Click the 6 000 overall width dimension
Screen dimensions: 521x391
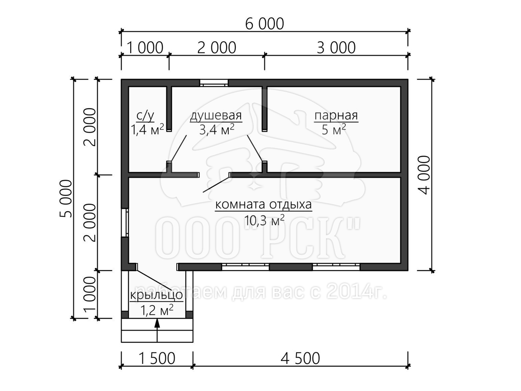(x=264, y=24)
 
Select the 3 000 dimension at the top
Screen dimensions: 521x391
(x=336, y=48)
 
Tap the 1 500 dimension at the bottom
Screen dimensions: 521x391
(x=157, y=358)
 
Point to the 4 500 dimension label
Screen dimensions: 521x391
(x=300, y=358)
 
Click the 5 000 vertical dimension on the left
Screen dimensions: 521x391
(x=65, y=199)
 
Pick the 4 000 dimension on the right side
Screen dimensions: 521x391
(x=424, y=175)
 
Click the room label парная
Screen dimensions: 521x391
(x=336, y=116)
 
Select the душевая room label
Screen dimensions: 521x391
(x=216, y=116)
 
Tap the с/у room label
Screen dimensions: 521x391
(x=145, y=116)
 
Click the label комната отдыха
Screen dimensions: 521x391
(x=264, y=204)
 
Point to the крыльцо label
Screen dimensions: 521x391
(x=157, y=295)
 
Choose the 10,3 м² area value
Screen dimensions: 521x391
(x=264, y=221)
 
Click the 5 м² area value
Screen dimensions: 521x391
(x=334, y=129)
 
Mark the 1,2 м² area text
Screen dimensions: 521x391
(x=157, y=310)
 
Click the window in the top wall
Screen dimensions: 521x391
(x=214, y=83)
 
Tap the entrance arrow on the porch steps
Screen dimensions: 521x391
(x=157, y=331)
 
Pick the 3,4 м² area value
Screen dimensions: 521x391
(x=217, y=129)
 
